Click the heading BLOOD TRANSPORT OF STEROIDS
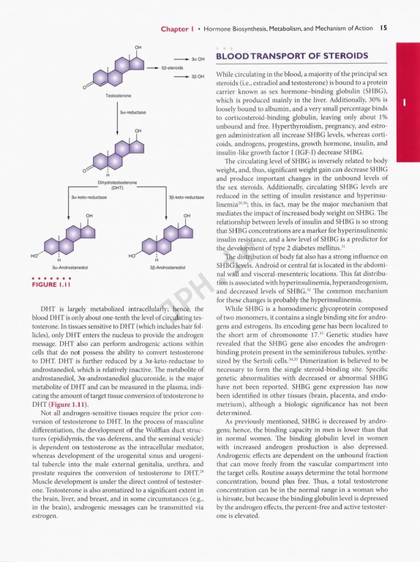tap(291, 57)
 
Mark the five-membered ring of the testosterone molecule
tap(137, 64)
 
